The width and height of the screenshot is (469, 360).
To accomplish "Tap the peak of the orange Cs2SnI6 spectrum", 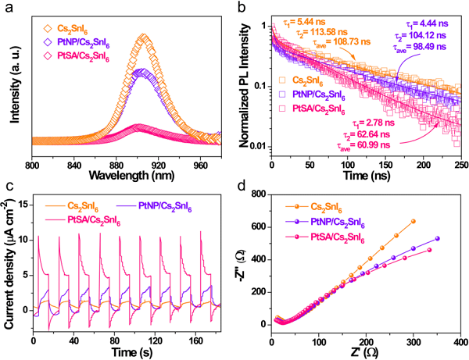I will [144, 36].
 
